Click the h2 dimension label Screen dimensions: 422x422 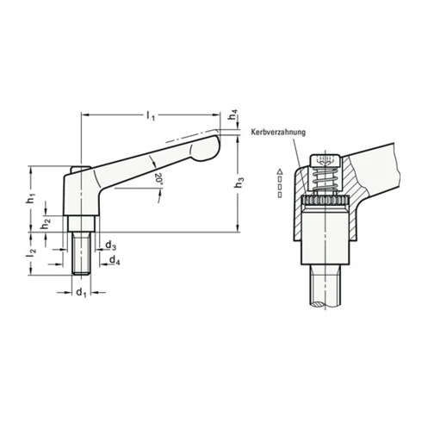[48, 222]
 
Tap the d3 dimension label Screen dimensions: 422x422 [111, 245]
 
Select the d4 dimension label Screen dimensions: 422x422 [111, 260]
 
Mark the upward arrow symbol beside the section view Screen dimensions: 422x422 [280, 173]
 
